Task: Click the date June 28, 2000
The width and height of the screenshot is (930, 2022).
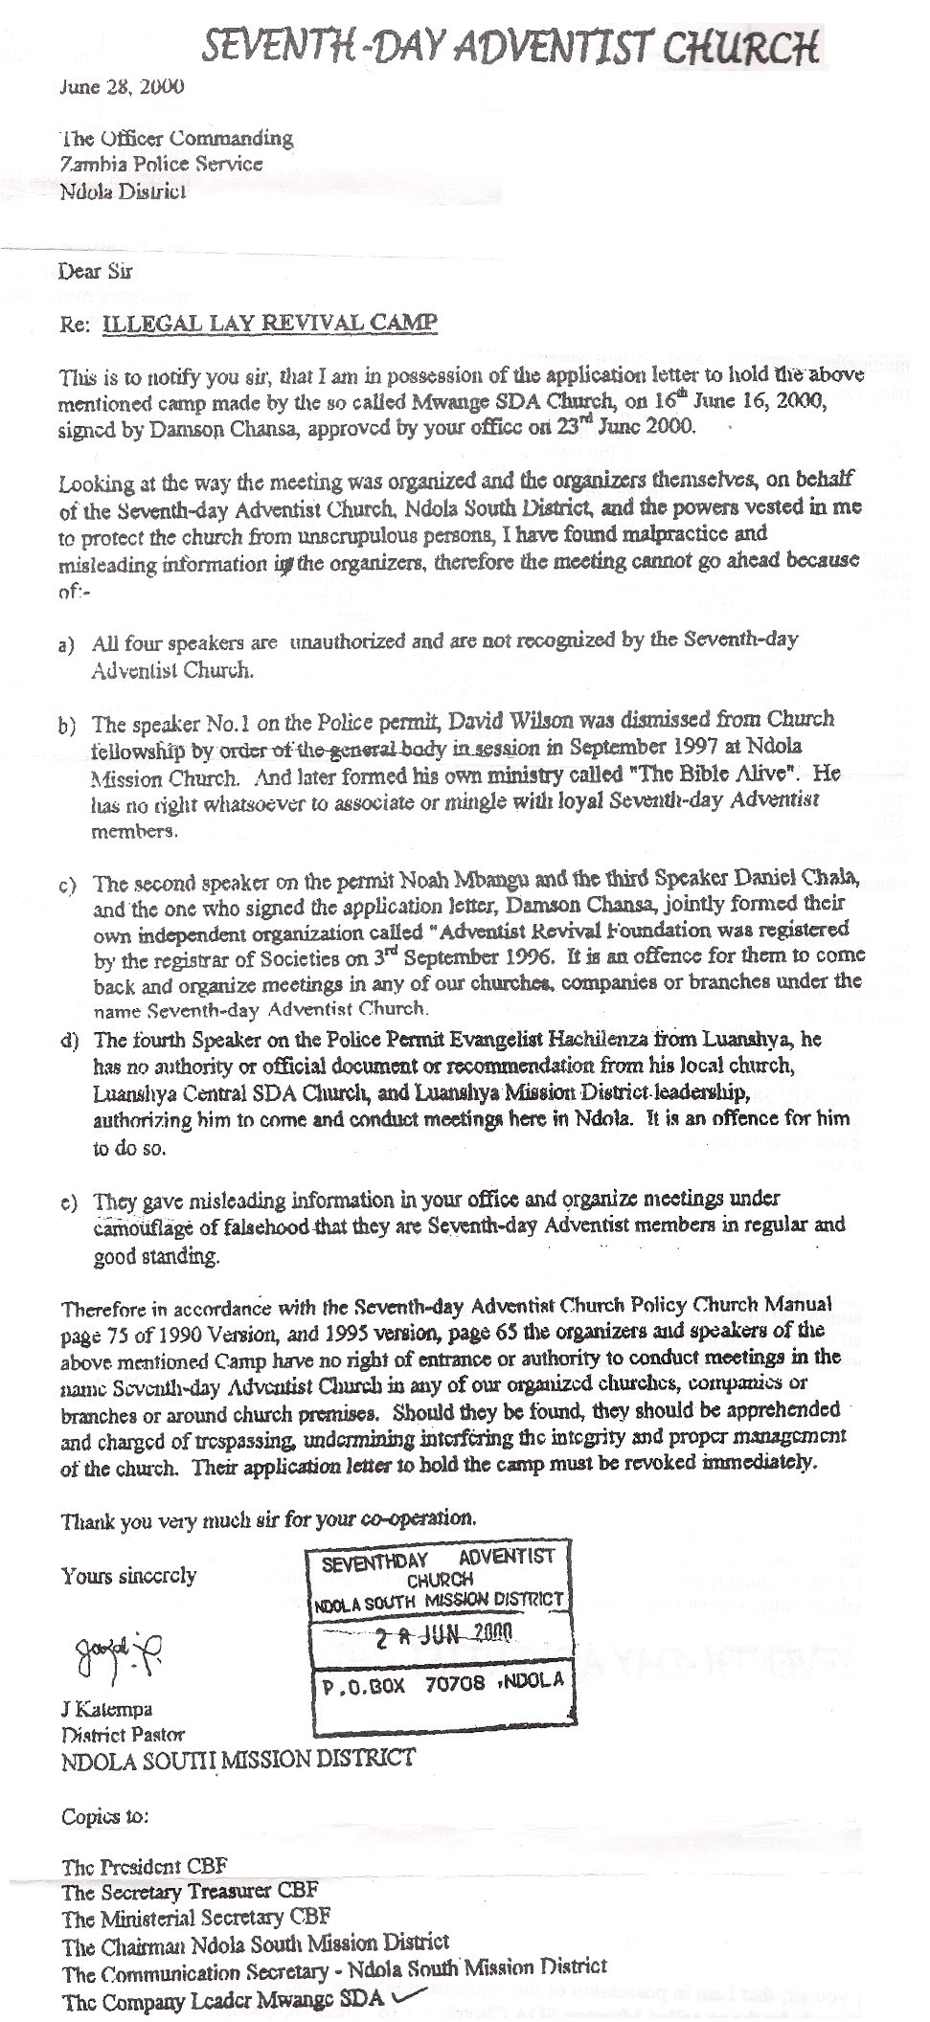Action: tap(122, 88)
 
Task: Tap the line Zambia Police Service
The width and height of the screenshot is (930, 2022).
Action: tap(161, 164)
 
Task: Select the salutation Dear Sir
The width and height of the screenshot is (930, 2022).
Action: tap(95, 272)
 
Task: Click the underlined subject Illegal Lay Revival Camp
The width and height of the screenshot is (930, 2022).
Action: tap(270, 324)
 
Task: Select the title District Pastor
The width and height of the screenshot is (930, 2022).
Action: tap(124, 1734)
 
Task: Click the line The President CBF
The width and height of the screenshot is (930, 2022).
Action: tap(145, 1866)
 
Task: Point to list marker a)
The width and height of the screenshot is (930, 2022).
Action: tap(68, 646)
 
